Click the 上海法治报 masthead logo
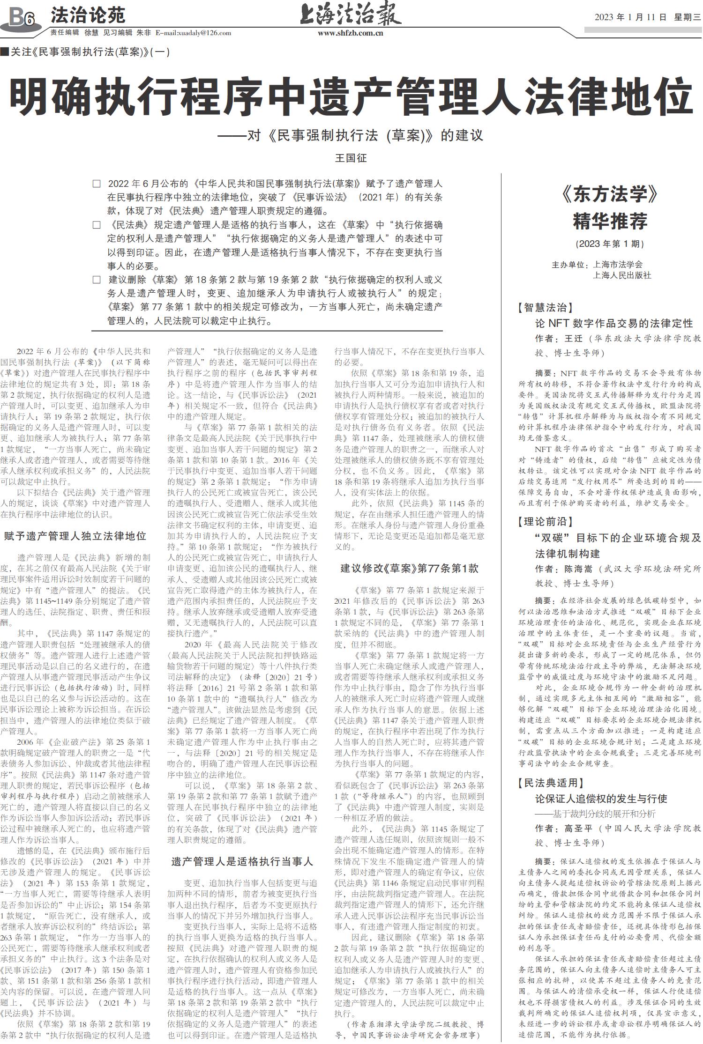[x=351, y=14]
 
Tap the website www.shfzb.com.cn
[x=351, y=33]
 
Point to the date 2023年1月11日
[x=630, y=17]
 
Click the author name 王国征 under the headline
[x=351, y=158]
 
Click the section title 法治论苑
[x=88, y=15]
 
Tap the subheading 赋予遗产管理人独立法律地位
[x=75, y=536]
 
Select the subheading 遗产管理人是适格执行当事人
[x=242, y=861]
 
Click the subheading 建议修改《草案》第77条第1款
[x=409, y=569]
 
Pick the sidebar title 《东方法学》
[x=609, y=194]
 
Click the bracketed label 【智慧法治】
[x=545, y=308]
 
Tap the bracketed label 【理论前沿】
[x=545, y=522]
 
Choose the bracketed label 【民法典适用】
[x=550, y=783]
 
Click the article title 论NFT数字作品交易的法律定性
[x=614, y=323]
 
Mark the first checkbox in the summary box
[x=97, y=184]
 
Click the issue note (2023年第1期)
[x=610, y=244]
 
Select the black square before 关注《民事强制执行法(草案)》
[x=5, y=52]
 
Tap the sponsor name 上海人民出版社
[x=622, y=275]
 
